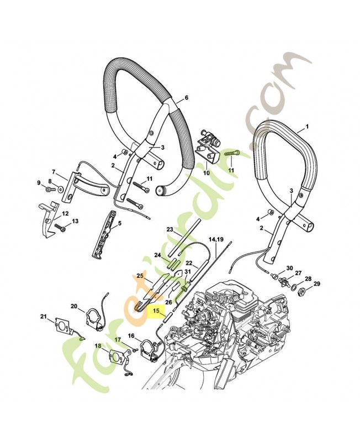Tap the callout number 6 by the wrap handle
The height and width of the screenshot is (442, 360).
186,97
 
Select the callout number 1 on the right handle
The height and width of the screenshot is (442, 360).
307,127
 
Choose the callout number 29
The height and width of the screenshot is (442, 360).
316,284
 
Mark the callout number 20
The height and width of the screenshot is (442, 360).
74,306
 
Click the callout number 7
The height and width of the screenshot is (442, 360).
54,172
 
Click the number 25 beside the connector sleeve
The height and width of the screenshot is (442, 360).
140,275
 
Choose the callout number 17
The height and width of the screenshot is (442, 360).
118,340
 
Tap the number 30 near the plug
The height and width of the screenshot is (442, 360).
290,267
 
